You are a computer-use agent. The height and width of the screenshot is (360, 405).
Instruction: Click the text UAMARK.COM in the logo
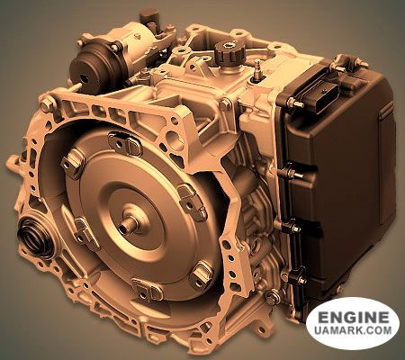tap(354, 330)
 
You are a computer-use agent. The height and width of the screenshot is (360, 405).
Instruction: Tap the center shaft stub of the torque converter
tap(127, 227)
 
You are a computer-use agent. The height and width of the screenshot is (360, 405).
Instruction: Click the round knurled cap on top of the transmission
tap(229, 55)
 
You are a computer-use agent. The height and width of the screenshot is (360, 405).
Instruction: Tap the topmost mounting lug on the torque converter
tap(125, 143)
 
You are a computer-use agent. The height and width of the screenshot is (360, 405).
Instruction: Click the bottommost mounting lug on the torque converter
tap(147, 290)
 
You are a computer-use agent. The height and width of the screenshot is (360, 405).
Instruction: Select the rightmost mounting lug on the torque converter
tap(192, 199)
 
